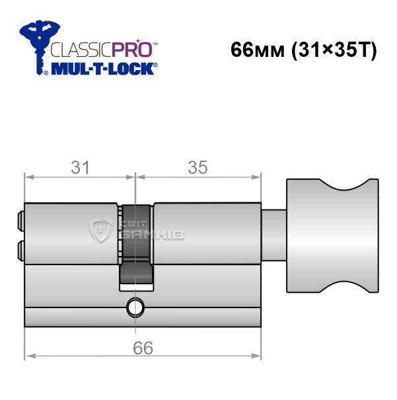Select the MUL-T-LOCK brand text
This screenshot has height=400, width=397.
[x=102, y=69]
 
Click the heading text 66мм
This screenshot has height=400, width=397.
[x=257, y=50]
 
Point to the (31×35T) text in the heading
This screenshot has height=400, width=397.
[x=334, y=50]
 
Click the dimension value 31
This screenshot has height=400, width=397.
[x=81, y=167]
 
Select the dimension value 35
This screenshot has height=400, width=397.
[x=198, y=167]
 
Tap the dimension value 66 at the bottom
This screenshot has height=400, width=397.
[x=143, y=348]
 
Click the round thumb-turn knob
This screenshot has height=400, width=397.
[x=332, y=235]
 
